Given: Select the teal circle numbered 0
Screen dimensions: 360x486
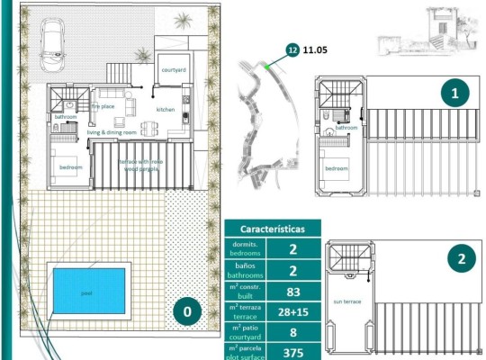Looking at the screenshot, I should tap(187, 313).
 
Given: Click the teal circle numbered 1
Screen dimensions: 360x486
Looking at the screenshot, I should tap(454, 92).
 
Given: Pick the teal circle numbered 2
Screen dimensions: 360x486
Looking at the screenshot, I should tap(461, 260).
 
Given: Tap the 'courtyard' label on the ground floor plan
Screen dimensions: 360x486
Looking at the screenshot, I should tap(173, 69).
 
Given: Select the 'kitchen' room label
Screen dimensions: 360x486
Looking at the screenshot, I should tap(166, 110).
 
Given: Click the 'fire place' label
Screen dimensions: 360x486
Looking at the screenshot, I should tap(103, 106).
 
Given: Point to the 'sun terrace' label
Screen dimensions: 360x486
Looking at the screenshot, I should tap(346, 301).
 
